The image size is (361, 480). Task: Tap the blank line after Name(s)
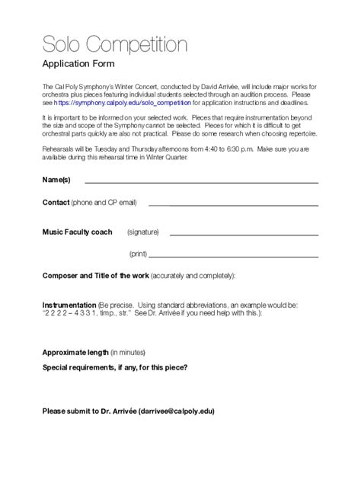(x=201, y=183)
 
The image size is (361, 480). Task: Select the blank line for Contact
(x=232, y=205)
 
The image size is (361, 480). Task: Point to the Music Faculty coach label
(x=78, y=232)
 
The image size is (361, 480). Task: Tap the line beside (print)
(x=233, y=255)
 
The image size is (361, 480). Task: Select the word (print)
(x=138, y=253)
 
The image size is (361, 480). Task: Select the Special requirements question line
(x=116, y=367)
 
